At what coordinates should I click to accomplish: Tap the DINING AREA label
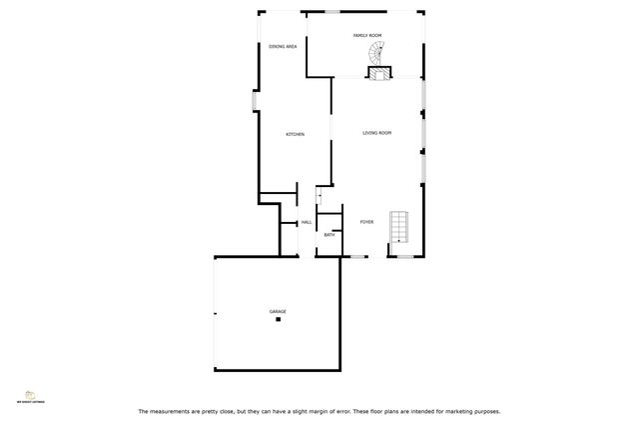click(x=283, y=47)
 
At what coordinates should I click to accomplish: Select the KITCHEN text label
click(x=295, y=134)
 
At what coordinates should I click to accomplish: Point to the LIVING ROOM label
click(x=376, y=133)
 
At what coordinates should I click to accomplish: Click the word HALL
click(x=307, y=222)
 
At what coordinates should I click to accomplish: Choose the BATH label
click(x=328, y=234)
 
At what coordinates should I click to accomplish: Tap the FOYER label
click(x=366, y=222)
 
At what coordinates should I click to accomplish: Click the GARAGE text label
click(x=278, y=311)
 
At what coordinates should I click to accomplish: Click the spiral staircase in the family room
click(x=375, y=52)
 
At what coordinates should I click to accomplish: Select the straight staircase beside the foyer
click(x=399, y=226)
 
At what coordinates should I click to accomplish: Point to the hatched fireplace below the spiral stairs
click(x=379, y=72)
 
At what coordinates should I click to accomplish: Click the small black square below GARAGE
click(x=279, y=319)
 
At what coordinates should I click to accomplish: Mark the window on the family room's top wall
click(x=358, y=11)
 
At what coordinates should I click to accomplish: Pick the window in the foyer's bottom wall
click(x=357, y=257)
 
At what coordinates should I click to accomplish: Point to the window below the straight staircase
click(x=406, y=257)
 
